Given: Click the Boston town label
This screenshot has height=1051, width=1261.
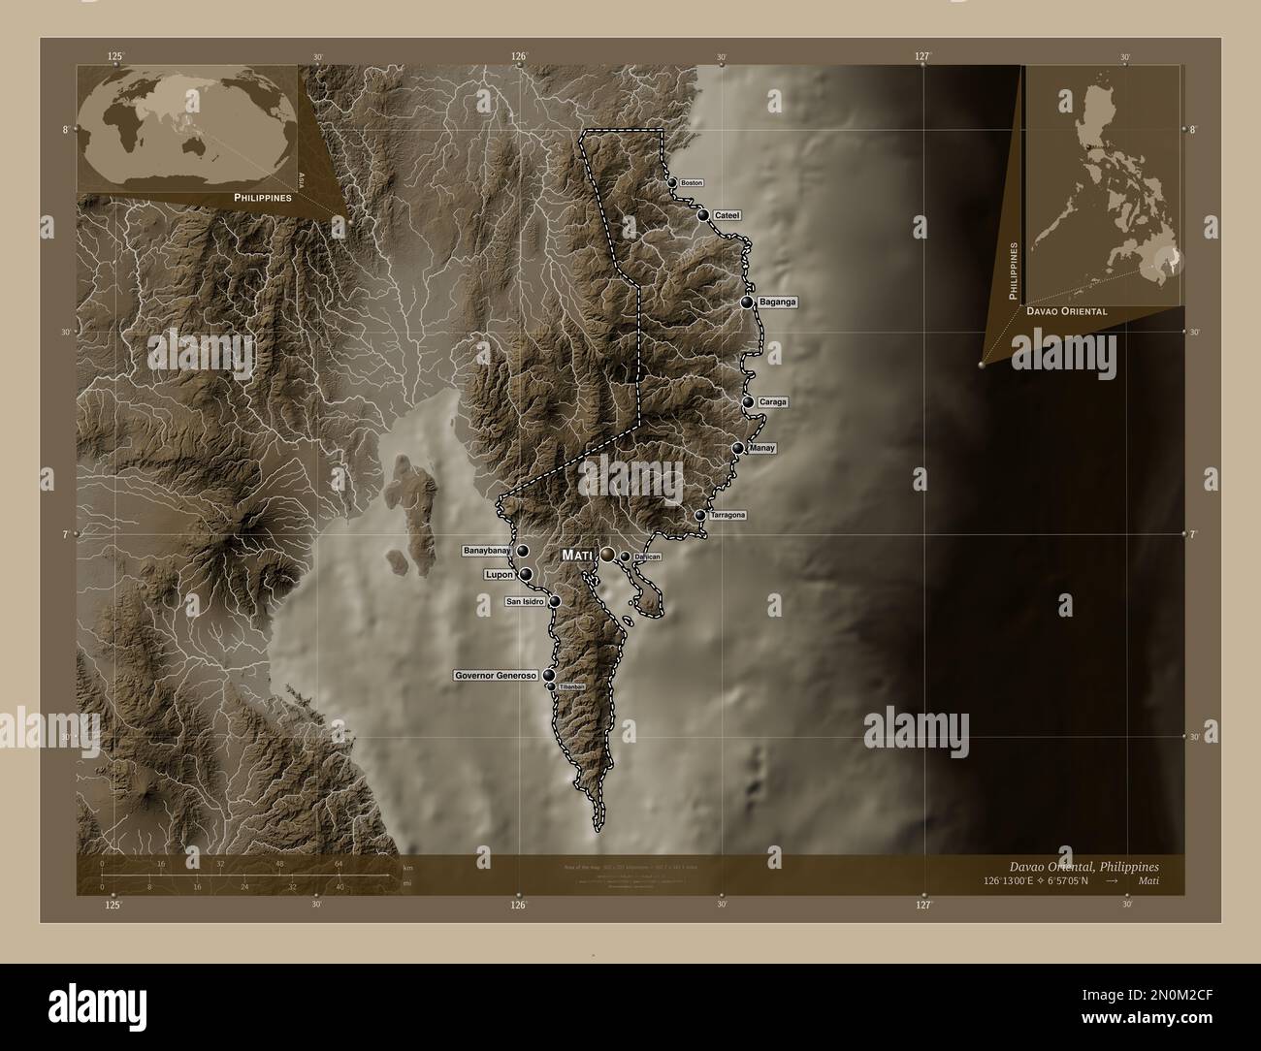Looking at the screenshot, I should [x=692, y=182].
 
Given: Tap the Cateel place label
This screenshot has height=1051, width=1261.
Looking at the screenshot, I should [x=727, y=215].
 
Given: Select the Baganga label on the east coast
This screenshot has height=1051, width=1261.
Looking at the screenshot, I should [x=778, y=303].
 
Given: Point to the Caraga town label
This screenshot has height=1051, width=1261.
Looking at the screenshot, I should [x=773, y=401].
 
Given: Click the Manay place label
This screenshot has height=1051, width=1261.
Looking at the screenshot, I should [x=762, y=448].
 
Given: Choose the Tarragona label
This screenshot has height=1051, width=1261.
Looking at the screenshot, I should [x=727, y=515].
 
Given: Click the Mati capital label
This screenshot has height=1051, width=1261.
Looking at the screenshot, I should [x=578, y=555].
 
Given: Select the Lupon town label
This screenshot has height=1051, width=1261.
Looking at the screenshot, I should [x=499, y=575].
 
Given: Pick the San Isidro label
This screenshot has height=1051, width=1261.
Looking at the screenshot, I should [x=525, y=602].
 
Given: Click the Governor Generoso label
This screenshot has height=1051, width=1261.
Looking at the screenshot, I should [x=496, y=675].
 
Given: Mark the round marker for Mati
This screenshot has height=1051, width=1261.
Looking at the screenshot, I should [x=607, y=554].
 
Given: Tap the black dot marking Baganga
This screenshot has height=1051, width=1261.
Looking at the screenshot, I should [x=747, y=303].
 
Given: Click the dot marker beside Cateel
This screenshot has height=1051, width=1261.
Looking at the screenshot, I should [x=703, y=215].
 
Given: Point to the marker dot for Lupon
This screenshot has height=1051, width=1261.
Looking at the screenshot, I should [x=526, y=575].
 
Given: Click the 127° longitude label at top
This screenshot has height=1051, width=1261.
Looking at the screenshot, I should [x=923, y=57].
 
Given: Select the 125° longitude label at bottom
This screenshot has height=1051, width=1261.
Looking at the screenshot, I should [x=113, y=905].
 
